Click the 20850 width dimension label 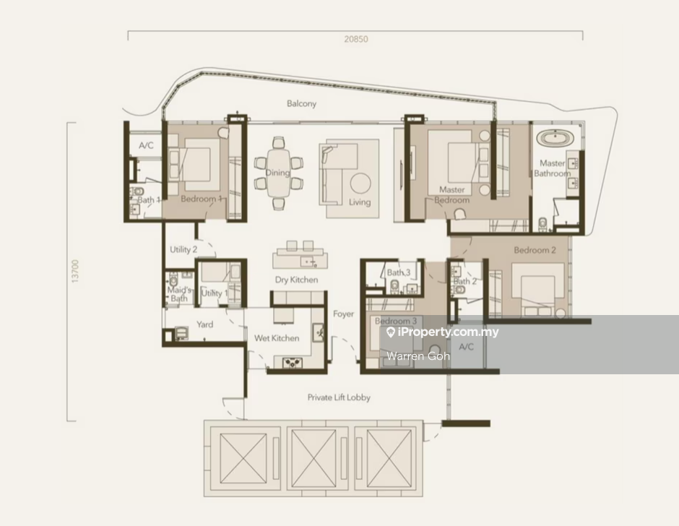(356, 39)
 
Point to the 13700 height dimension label (75, 272)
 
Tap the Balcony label (301, 103)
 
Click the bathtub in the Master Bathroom (555, 139)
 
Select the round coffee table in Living (360, 184)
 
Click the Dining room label (277, 173)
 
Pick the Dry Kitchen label (296, 280)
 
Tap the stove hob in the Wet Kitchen (293, 362)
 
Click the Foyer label (343, 314)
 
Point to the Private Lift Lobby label (339, 397)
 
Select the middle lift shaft (313, 458)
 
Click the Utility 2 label (183, 249)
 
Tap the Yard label (205, 324)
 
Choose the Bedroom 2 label (535, 250)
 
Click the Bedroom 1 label (202, 199)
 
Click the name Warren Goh (418, 356)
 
